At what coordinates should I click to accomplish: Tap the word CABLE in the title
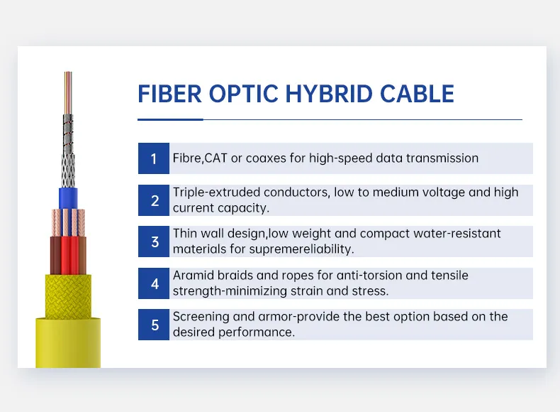pos(418,94)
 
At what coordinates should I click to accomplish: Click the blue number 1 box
pos(154,158)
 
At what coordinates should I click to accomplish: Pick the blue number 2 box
pos(154,200)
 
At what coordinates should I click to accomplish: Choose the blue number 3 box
pos(154,242)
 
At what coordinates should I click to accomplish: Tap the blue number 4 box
pos(154,284)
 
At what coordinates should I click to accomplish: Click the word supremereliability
pos(298,249)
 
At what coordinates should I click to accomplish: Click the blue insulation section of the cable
pos(68,198)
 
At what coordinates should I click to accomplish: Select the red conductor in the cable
pos(69,256)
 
